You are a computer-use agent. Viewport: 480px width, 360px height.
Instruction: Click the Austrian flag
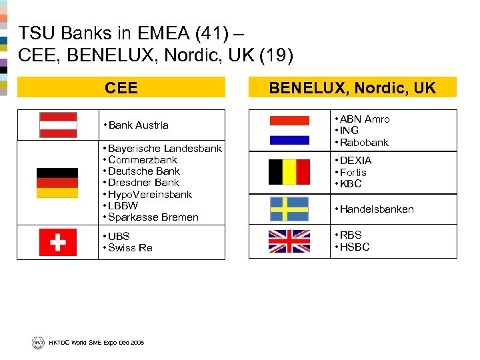[58, 125]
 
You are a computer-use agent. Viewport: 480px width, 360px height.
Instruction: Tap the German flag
[57, 183]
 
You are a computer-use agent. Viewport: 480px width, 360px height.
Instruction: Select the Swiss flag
[58, 242]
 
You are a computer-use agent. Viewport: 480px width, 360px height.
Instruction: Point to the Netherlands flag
[289, 130]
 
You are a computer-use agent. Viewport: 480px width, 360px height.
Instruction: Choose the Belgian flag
[289, 172]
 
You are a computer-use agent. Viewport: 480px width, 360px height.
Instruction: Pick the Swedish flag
[289, 209]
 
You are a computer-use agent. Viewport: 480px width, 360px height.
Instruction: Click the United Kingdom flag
[289, 241]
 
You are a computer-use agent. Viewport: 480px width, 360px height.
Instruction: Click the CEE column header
[121, 88]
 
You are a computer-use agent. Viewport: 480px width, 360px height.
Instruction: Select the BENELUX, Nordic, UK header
[352, 88]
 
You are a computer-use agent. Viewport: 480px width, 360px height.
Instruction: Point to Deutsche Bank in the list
[143, 171]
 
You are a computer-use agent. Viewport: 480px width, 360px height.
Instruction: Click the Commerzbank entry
[142, 160]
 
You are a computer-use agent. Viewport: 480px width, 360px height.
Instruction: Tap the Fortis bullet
[353, 172]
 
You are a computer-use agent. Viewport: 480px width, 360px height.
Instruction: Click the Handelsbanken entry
[376, 209]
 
